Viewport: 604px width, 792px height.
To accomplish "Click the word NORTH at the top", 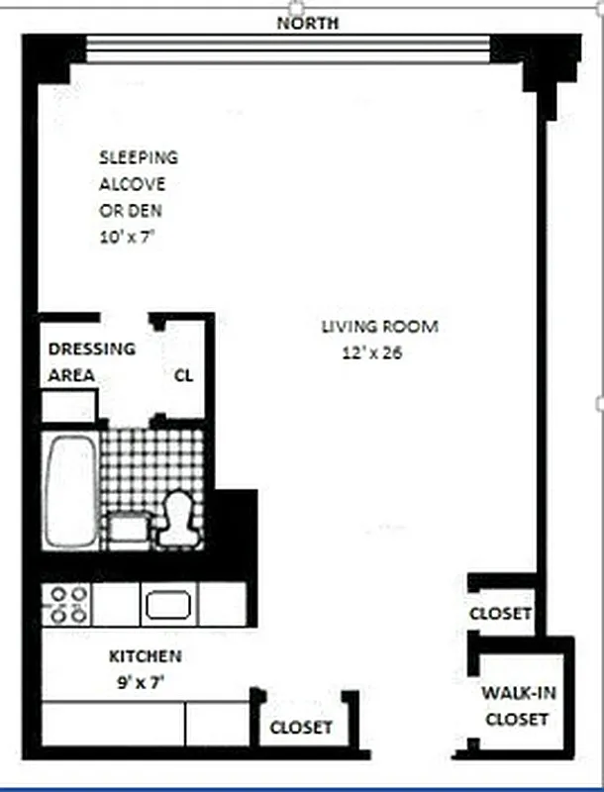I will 309,23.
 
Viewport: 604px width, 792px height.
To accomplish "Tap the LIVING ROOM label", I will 379,327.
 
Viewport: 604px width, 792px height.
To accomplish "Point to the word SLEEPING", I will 139,157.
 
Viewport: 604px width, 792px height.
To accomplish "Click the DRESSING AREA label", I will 91,361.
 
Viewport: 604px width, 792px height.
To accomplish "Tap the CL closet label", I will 184,375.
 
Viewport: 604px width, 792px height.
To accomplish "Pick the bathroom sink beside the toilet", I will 127,527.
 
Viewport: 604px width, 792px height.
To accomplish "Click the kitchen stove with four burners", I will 66,603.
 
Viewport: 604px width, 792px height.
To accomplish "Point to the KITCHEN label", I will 145,656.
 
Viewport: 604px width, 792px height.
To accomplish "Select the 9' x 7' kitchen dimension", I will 145,681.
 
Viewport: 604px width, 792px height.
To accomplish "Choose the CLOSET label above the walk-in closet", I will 501,614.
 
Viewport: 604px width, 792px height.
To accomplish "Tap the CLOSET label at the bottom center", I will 302,728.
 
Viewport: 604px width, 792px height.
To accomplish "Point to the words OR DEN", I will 130,210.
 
